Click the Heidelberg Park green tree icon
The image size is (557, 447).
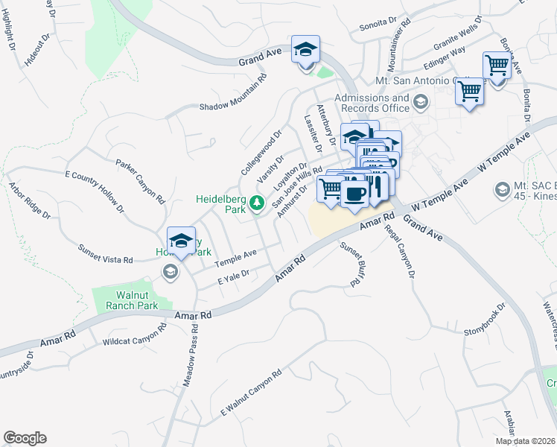click(x=257, y=203)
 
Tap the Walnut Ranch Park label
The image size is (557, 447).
click(x=126, y=300)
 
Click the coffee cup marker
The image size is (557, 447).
click(x=354, y=194)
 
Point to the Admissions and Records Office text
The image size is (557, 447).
click(x=372, y=103)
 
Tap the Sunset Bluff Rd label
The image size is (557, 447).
click(x=351, y=264)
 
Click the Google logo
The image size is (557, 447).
click(x=25, y=438)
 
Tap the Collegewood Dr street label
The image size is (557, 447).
click(x=261, y=149)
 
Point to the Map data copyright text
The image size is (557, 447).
click(x=525, y=441)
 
